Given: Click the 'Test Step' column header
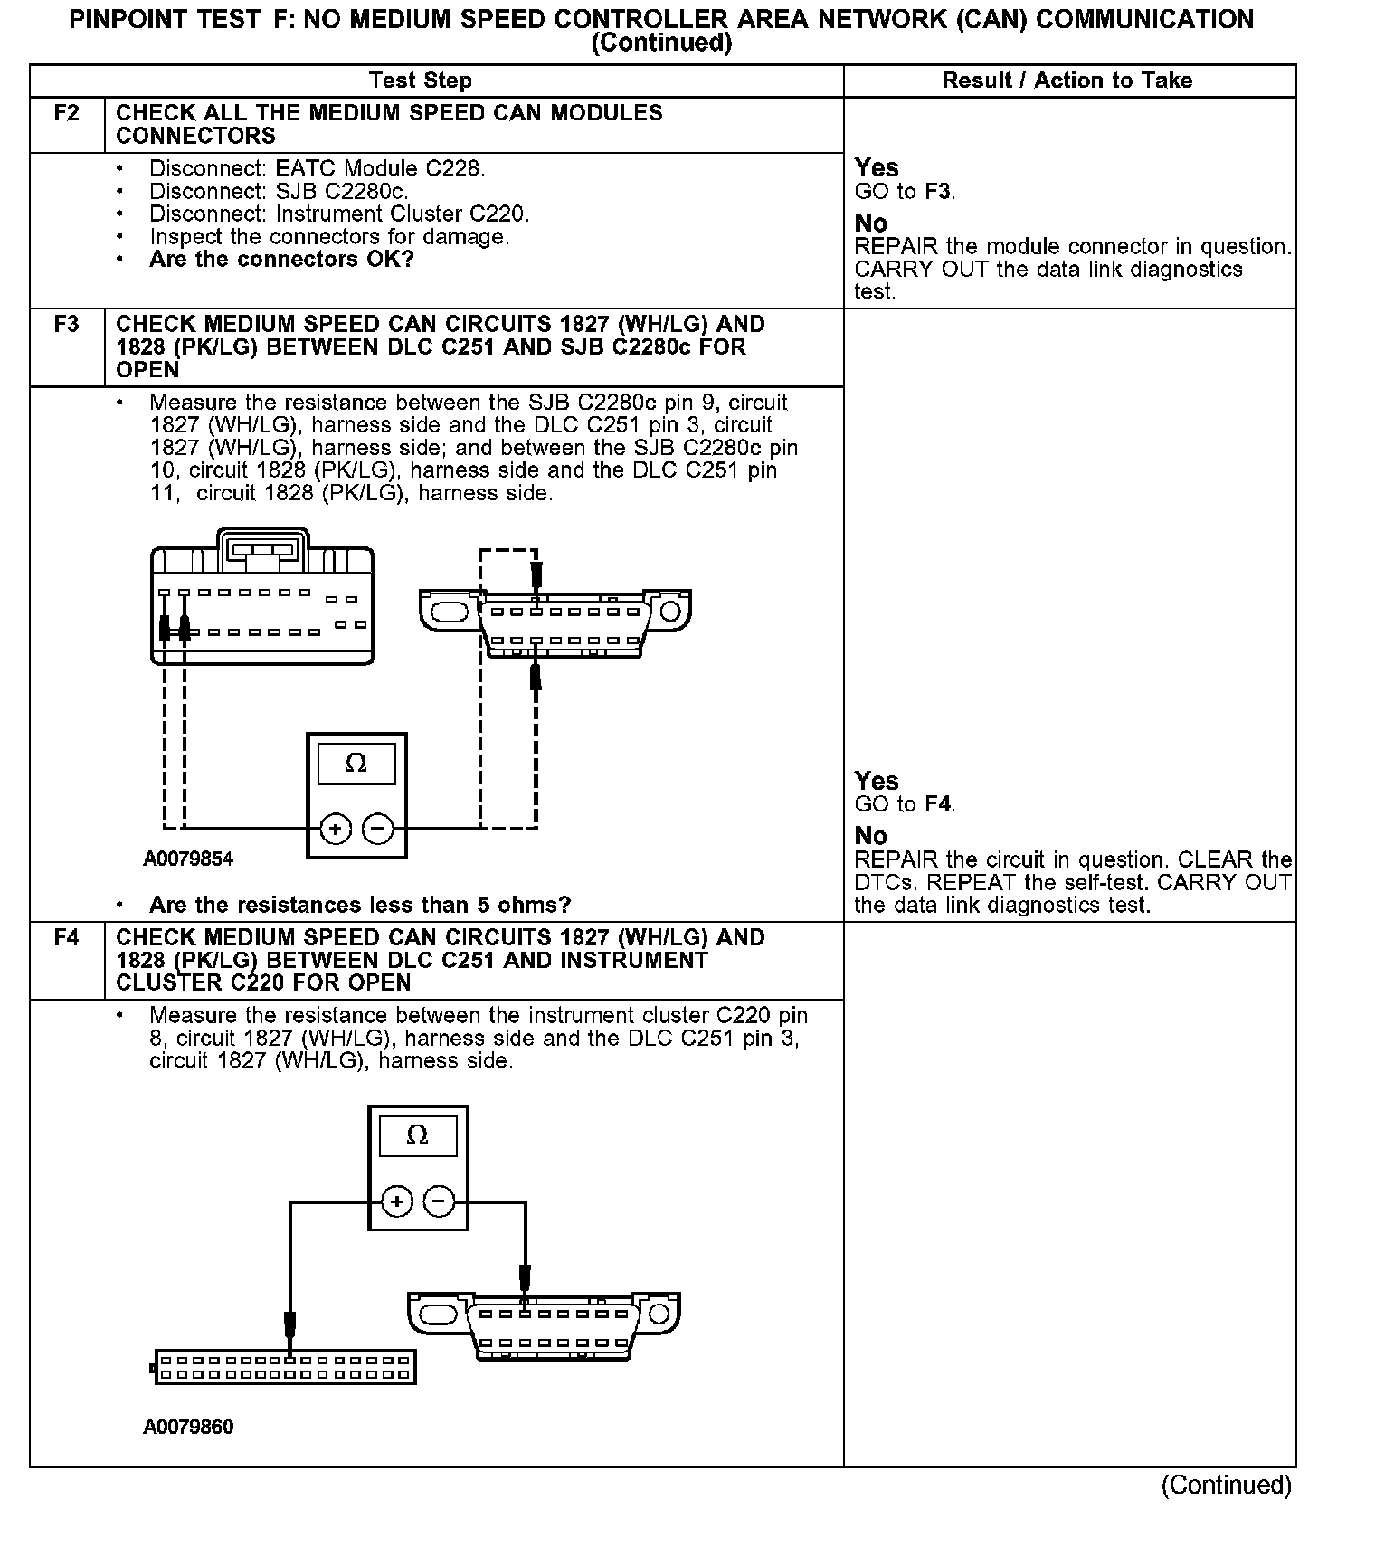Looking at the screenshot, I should pyautogui.click(x=421, y=81).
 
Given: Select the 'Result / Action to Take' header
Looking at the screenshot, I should pyautogui.click(x=1067, y=81).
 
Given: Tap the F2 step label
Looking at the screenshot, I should pyautogui.click(x=67, y=113).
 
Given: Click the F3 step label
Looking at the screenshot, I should pyautogui.click(x=67, y=324).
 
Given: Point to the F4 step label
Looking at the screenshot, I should pyautogui.click(x=67, y=937).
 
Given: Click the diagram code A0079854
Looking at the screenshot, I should pyautogui.click(x=188, y=859).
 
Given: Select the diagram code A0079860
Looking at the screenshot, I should pyautogui.click(x=188, y=1427).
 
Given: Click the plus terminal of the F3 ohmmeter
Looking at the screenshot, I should pyautogui.click(x=336, y=829).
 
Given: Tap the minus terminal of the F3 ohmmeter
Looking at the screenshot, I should pyautogui.click(x=378, y=829).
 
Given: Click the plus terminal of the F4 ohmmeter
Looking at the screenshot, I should pyautogui.click(x=397, y=1201).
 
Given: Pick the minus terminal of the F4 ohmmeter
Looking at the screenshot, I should pyautogui.click(x=440, y=1201).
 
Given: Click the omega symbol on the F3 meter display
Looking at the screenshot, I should pyautogui.click(x=356, y=764).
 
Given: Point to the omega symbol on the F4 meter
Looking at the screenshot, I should pyautogui.click(x=417, y=1135).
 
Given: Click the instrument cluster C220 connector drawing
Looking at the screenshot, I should pyautogui.click(x=285, y=1367).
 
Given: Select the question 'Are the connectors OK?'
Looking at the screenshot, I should pyautogui.click(x=281, y=260).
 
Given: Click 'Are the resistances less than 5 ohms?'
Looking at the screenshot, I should pyautogui.click(x=360, y=905).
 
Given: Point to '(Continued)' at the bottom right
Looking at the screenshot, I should pyautogui.click(x=1226, y=1485).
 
